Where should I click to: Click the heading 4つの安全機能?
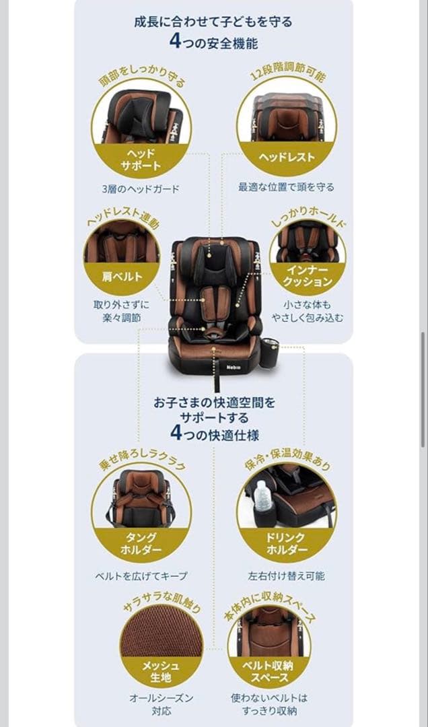tap(213, 42)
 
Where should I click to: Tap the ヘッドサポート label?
tap(141, 159)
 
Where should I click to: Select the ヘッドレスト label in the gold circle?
tap(287, 158)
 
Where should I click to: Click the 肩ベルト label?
tap(122, 277)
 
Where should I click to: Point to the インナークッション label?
tap(308, 276)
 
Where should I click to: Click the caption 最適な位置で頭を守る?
tap(287, 186)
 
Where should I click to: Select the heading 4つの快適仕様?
tap(214, 432)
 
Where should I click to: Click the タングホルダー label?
tap(141, 543)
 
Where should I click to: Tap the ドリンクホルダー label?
tap(287, 543)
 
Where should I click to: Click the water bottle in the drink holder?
tap(262, 499)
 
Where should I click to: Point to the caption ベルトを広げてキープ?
tap(141, 576)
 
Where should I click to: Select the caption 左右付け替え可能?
tap(287, 576)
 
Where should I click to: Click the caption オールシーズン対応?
tap(161, 704)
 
